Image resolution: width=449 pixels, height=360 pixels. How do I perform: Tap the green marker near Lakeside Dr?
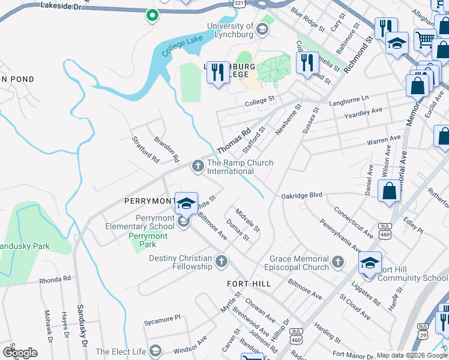pos(152,15)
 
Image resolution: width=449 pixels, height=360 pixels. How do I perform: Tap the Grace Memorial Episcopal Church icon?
pos(337,262)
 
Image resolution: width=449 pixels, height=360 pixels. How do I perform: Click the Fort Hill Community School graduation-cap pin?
pos(370,263)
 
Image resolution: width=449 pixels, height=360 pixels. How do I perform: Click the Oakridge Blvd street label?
pos(302,196)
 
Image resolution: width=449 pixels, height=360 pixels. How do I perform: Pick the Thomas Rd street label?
pos(233,142)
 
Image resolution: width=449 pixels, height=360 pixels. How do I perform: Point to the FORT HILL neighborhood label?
pos(249,283)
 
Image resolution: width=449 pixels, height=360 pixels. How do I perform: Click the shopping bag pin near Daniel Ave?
pos(389,191)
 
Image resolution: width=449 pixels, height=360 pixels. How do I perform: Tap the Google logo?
pos(20,353)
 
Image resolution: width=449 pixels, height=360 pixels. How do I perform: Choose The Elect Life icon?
pos(155,350)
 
